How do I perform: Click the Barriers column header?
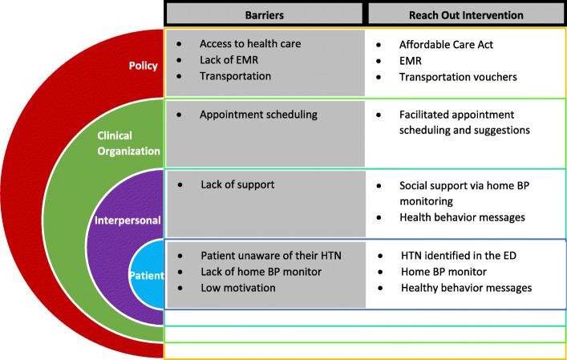(x=265, y=14)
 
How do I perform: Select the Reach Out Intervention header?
(x=466, y=14)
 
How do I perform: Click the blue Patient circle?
(x=146, y=276)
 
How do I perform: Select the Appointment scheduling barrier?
(x=258, y=115)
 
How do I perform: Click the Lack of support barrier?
(x=237, y=185)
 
